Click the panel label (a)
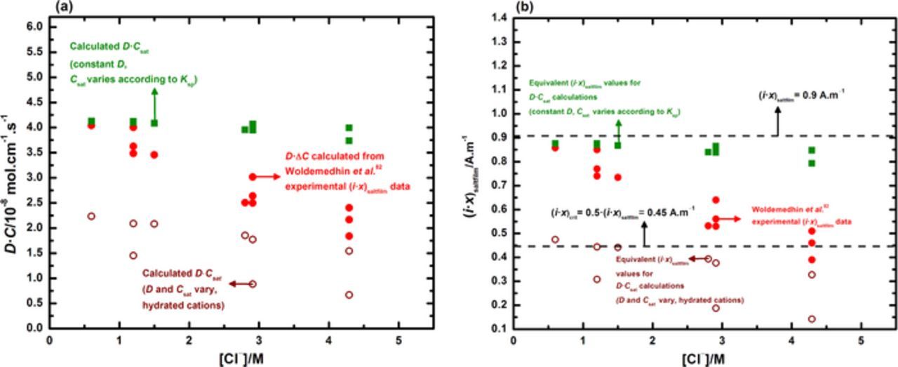point(61,6)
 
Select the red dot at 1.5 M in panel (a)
point(154,154)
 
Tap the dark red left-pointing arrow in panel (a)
point(240,283)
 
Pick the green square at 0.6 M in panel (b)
point(555,144)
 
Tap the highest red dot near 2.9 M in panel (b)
point(716,200)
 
